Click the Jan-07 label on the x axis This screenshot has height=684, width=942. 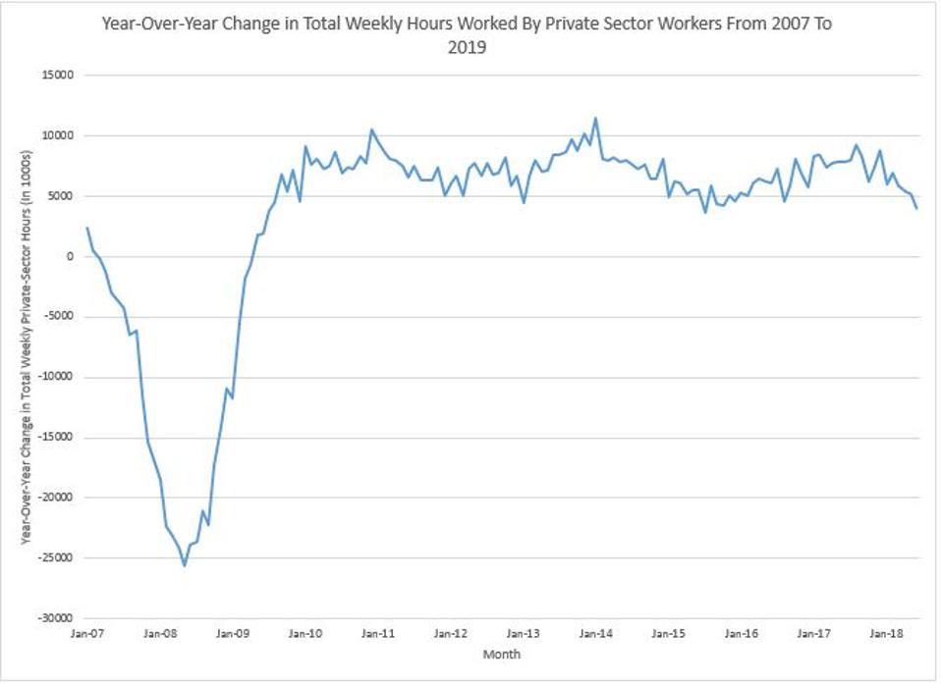tap(87, 635)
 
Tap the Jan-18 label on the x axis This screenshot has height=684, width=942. tap(887, 635)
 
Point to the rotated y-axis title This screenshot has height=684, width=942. tap(27, 346)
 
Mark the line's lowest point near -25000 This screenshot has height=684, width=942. tap(184, 565)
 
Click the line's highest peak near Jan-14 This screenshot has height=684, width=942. tap(595, 119)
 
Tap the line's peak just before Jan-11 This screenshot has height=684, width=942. tap(371, 130)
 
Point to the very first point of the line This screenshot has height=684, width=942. tap(87, 228)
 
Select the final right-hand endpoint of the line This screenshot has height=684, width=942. tap(916, 208)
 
